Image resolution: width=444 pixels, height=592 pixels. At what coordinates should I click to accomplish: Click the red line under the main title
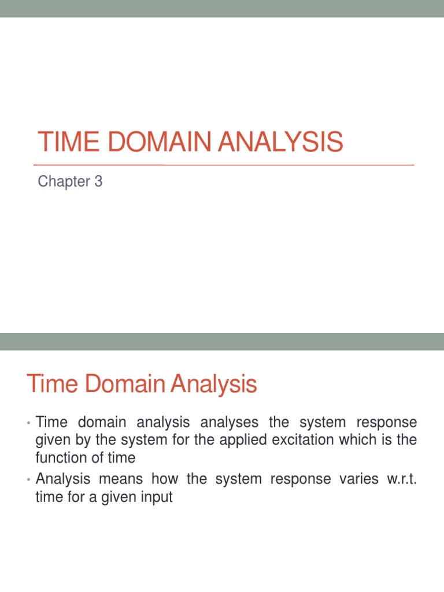coord(225,165)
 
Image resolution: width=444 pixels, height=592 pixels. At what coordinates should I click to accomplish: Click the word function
coord(59,458)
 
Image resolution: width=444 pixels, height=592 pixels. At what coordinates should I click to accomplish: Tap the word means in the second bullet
coord(132,479)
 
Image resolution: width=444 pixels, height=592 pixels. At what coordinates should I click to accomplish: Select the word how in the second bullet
coord(178,479)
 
